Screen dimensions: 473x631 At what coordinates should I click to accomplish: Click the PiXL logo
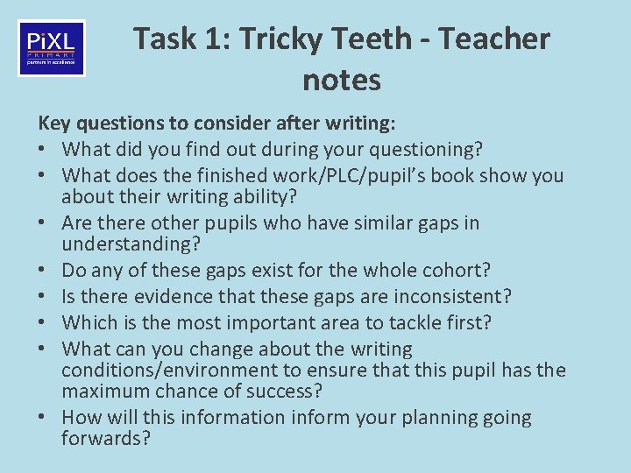point(52,48)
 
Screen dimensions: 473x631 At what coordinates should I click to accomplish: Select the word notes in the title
point(342,81)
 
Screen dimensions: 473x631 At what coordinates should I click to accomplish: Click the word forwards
point(105,439)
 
